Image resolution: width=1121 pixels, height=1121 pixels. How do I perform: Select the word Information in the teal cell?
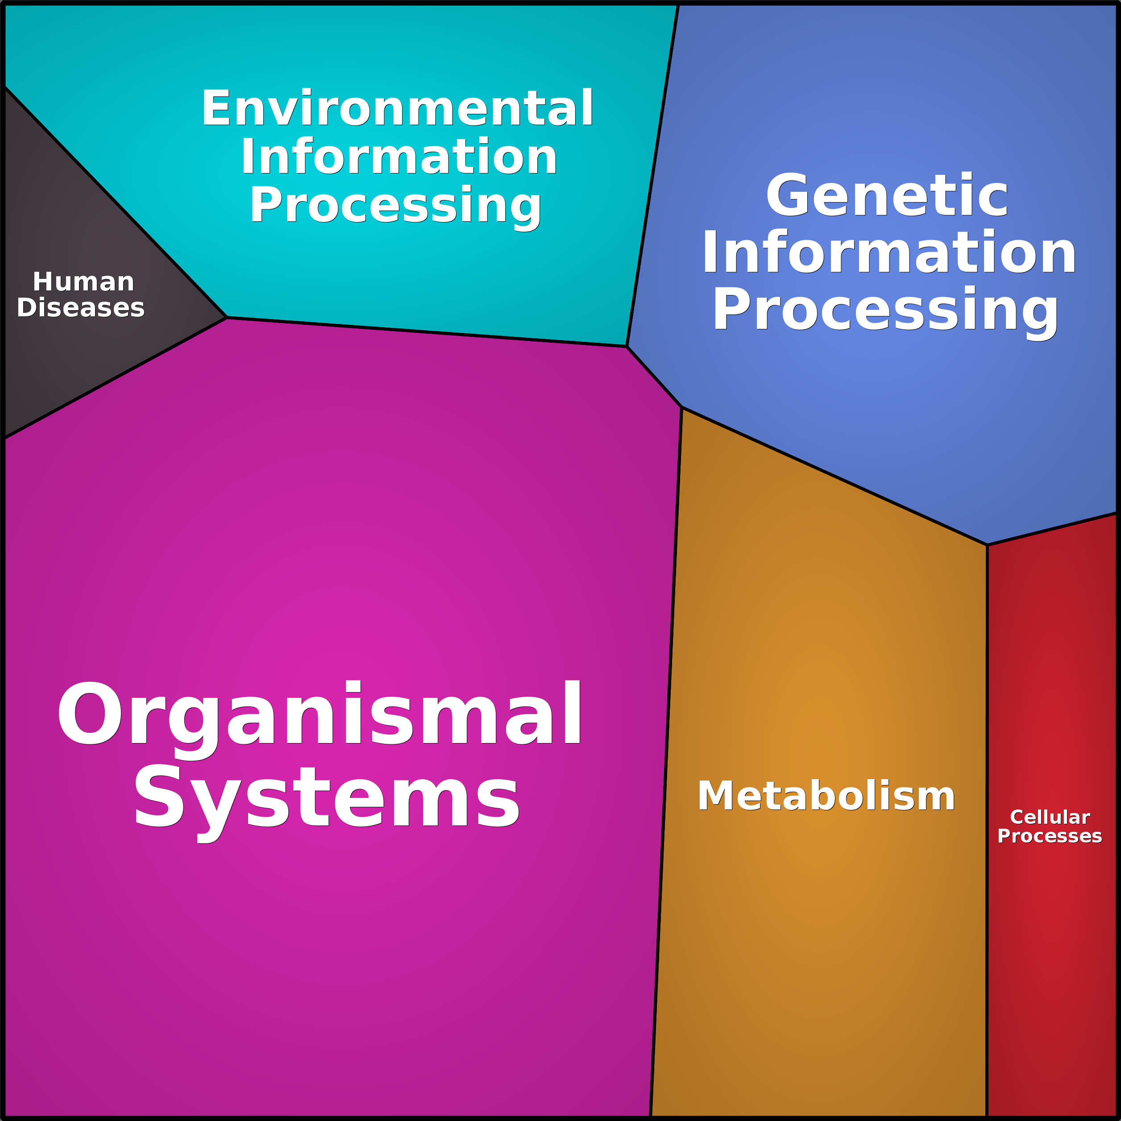click(x=399, y=157)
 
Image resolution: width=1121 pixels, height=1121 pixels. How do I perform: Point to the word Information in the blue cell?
click(x=888, y=253)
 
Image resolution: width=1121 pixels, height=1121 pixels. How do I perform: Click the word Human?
click(x=83, y=282)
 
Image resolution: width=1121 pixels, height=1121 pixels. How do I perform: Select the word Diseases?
click(x=81, y=307)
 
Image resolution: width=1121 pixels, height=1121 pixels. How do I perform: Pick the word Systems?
click(x=327, y=797)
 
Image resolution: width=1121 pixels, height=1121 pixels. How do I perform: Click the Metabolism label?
click(x=826, y=796)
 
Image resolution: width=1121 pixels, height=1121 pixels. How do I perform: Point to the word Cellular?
click(x=1050, y=817)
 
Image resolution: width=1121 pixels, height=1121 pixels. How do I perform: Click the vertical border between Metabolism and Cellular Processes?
click(x=987, y=812)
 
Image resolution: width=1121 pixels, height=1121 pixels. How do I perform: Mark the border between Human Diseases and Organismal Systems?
click(x=116, y=378)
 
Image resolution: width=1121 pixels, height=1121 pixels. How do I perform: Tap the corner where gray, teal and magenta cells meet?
click(x=227, y=317)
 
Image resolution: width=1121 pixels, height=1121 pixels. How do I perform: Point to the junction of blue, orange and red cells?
click(x=987, y=545)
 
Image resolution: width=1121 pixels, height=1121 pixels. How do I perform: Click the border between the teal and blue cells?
click(x=653, y=174)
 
